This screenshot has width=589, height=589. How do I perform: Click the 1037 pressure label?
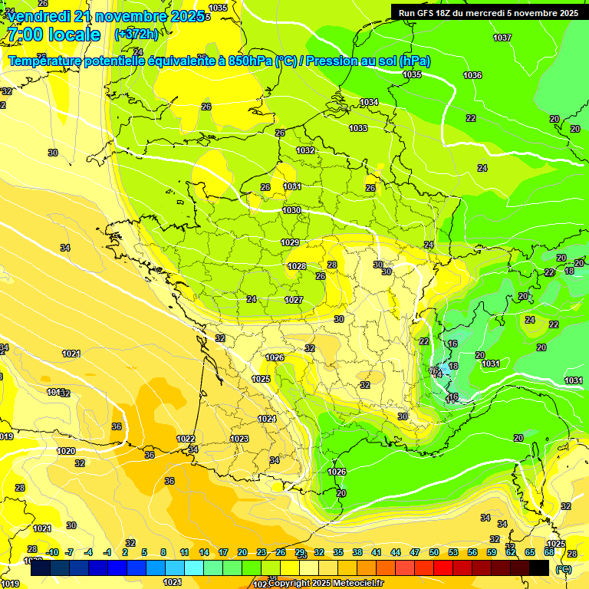click(x=502, y=38)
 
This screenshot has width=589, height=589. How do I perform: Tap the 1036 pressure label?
click(x=472, y=75)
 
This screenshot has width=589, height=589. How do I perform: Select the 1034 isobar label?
click(x=369, y=102)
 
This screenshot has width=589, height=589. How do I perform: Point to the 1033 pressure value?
click(x=358, y=128)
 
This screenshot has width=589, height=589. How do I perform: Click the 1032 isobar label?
click(x=306, y=150)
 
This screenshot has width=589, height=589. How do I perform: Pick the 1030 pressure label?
click(x=291, y=210)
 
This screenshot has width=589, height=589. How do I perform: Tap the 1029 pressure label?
click(x=290, y=242)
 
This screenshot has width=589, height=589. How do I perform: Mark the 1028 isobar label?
click(x=297, y=266)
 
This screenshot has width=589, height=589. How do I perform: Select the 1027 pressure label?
click(x=294, y=300)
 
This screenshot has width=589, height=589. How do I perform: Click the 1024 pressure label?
click(x=267, y=419)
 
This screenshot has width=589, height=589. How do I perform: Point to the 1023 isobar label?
click(x=239, y=439)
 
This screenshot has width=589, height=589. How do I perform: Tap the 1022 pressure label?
click(x=186, y=439)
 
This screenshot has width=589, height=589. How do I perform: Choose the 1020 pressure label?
click(x=66, y=451)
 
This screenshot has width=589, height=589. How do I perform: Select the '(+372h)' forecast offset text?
click(x=136, y=35)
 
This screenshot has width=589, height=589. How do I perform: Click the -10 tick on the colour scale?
click(x=52, y=552)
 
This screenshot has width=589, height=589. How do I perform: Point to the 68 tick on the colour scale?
click(x=549, y=552)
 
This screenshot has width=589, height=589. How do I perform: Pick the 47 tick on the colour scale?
click(x=415, y=552)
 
